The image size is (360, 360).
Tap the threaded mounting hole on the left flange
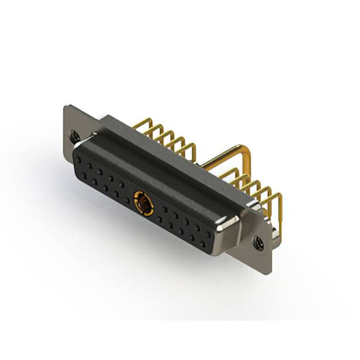74,135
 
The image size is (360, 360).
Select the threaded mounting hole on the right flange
259,243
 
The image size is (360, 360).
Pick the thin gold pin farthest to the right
277,197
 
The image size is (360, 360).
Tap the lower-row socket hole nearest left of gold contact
124,199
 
